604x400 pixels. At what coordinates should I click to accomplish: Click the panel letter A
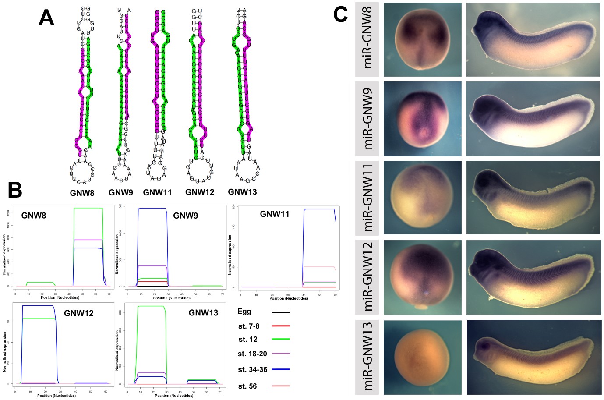pos(46,18)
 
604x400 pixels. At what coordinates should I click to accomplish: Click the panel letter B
pos(15,190)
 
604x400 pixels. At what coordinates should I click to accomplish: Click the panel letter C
pos(340,14)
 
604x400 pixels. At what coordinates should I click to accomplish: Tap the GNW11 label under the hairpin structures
pos(157,192)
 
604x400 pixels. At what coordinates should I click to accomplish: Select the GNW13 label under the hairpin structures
pos(242,192)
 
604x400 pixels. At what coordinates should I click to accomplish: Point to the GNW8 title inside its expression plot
pos(34,216)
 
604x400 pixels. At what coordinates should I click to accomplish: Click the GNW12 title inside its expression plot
pos(78,313)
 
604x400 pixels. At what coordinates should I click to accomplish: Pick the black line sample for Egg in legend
pos(281,312)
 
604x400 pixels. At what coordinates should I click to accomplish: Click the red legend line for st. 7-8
pos(281,326)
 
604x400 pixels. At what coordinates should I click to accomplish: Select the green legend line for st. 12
pos(281,339)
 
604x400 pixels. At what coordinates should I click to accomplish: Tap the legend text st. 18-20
pos(252,354)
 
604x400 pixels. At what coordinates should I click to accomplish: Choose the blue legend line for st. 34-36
pos(281,369)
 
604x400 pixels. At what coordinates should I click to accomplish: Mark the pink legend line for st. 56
pos(281,386)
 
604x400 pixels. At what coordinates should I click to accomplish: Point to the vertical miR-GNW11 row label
pos(367,198)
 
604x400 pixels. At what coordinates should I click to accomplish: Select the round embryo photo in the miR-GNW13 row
pos(422,358)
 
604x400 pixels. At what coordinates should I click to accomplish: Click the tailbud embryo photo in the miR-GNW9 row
pos(533,119)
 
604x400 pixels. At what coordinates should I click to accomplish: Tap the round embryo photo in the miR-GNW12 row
pos(422,277)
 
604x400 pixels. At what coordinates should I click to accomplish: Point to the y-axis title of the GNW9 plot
pos(117,254)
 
